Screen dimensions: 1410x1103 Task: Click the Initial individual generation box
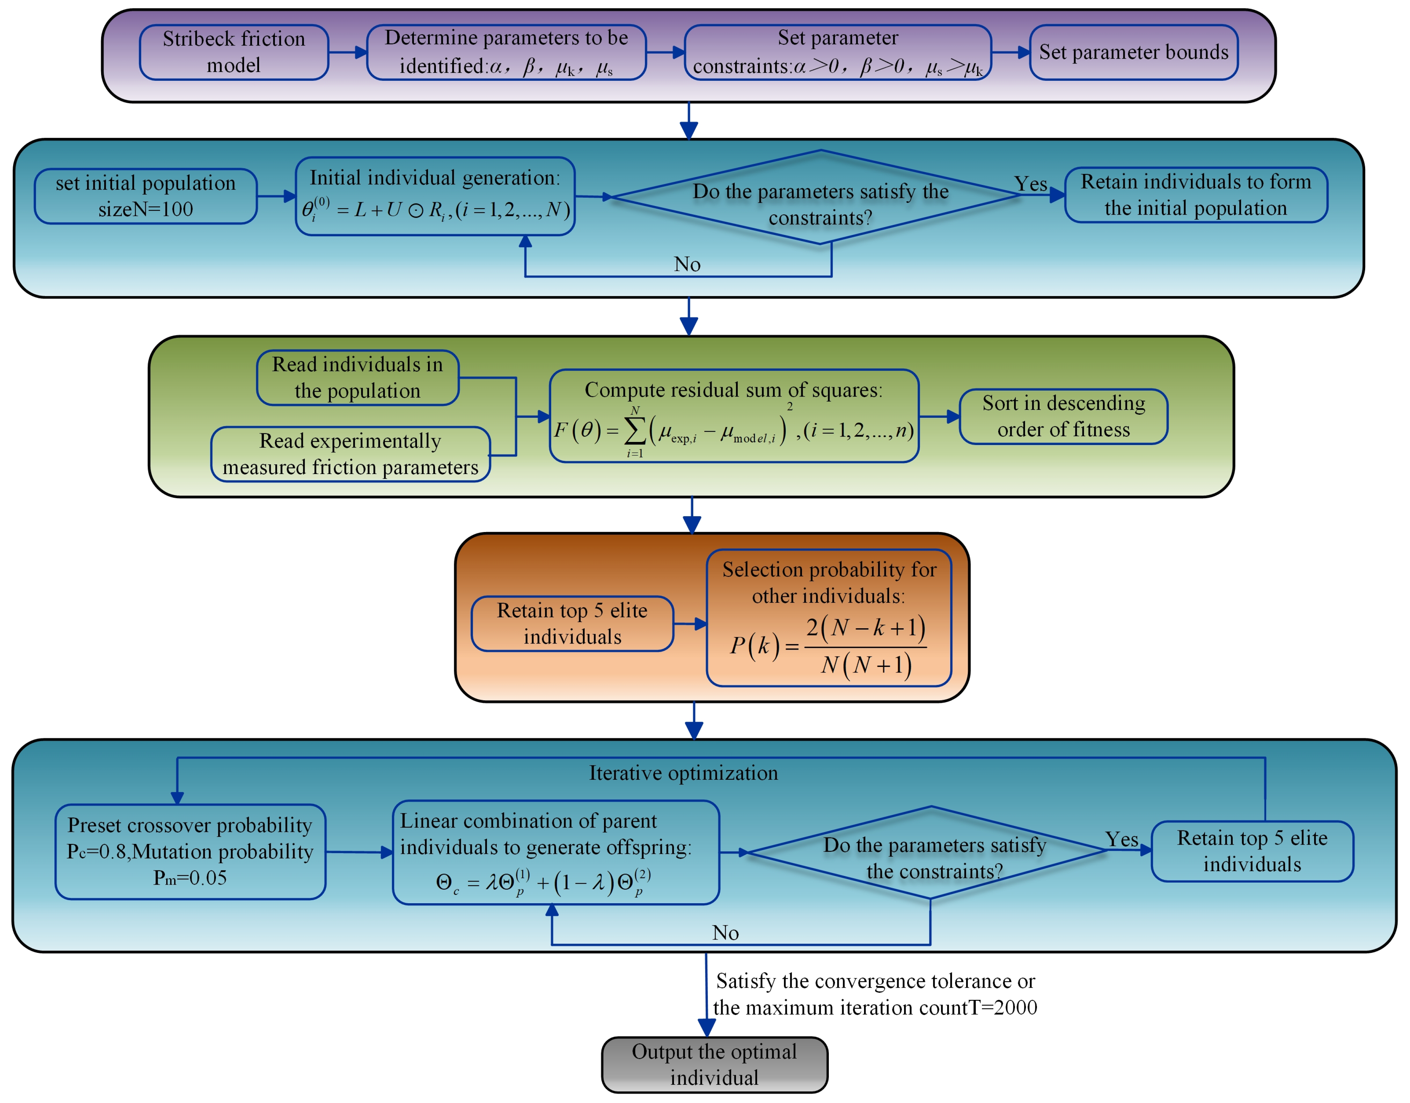(x=435, y=196)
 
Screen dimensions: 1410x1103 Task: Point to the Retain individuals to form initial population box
(x=1196, y=195)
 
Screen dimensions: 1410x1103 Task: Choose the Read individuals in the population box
(x=358, y=378)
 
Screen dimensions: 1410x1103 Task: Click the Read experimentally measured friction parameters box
(x=350, y=454)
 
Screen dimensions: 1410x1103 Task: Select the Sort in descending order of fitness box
(x=1063, y=416)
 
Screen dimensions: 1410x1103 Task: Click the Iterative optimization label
(x=683, y=773)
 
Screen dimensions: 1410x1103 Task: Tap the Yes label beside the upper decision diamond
(x=1030, y=184)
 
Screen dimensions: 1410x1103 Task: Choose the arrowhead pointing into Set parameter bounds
(x=1023, y=52)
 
